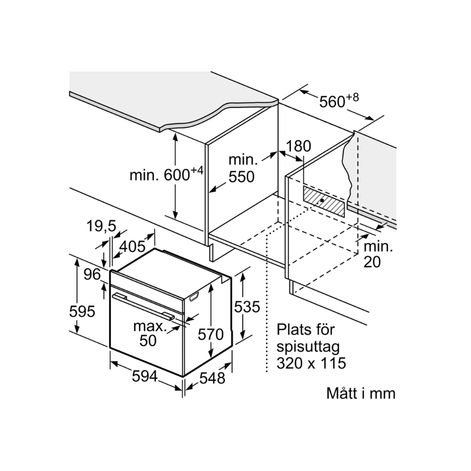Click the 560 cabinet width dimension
pyautogui.click(x=338, y=100)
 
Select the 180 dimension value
pyautogui.click(x=299, y=146)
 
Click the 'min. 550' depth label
pyautogui.click(x=242, y=168)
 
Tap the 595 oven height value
pyautogui.click(x=82, y=311)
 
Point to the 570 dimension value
pyautogui.click(x=210, y=334)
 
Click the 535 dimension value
pyautogui.click(x=247, y=307)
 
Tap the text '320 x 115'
pyautogui.click(x=311, y=363)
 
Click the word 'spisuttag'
pyautogui.click(x=308, y=347)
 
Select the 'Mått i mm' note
pyautogui.click(x=361, y=394)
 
